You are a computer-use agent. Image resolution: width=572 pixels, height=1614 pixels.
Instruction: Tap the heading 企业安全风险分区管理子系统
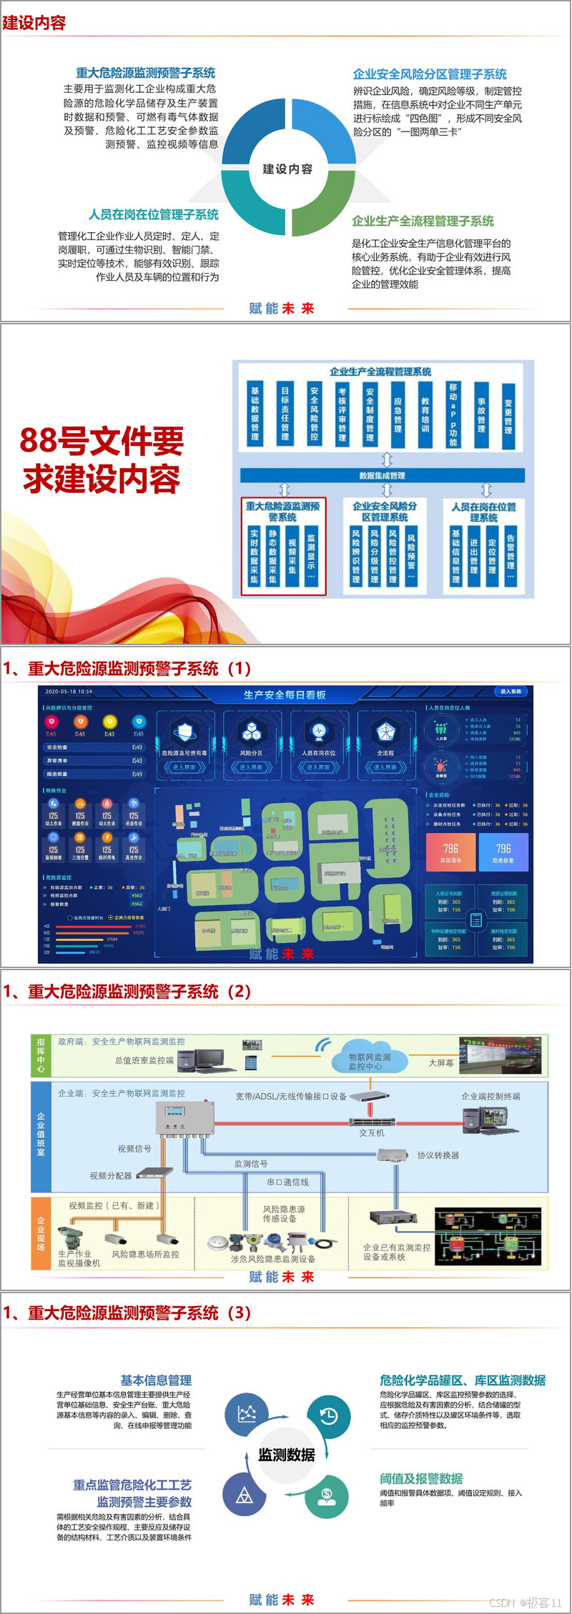point(430,74)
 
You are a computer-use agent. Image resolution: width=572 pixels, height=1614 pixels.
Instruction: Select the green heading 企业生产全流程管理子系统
point(423,221)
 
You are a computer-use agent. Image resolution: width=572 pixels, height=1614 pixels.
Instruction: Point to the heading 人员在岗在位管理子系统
point(154,215)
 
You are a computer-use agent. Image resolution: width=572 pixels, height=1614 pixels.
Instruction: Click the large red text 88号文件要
point(102,441)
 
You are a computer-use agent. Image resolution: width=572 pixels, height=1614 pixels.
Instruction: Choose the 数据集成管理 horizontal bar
point(382,475)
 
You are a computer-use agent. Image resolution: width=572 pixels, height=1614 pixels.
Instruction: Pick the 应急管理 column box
point(398,415)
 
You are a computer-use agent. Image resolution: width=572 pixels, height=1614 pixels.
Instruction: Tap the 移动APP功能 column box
point(453,414)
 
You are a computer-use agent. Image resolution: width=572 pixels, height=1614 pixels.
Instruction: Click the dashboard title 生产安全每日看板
point(284,694)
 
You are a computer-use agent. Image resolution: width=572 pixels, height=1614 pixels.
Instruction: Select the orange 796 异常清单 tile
point(450,853)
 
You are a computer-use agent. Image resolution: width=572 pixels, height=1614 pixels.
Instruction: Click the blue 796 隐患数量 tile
point(503,853)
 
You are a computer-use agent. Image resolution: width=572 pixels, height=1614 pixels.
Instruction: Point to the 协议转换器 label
point(438,1155)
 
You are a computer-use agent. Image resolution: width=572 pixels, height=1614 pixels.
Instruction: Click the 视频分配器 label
point(110,1176)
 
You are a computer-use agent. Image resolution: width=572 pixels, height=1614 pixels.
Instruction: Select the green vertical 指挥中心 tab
point(40,1055)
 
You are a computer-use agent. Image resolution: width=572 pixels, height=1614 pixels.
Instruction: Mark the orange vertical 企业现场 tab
point(41,1232)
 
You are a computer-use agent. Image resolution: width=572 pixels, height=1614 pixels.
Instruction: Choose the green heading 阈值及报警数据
point(421,1479)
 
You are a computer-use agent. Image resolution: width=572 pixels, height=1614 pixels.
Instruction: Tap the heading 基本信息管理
point(156,1380)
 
